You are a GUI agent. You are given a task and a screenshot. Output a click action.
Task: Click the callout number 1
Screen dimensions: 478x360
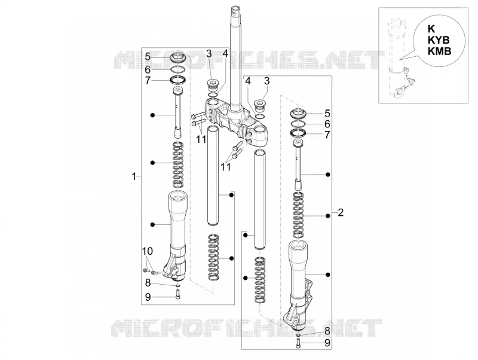tap(133, 176)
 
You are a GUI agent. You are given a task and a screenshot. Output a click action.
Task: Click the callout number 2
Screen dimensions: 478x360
tap(341, 212)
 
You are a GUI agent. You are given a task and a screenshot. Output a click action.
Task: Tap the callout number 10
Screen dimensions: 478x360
tap(147, 251)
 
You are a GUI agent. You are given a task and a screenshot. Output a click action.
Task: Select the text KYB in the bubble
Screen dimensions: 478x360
tap(439, 40)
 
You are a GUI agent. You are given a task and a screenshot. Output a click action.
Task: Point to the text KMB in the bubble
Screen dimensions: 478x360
tap(439, 51)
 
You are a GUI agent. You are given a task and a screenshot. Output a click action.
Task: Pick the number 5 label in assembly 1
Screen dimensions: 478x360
tap(148, 57)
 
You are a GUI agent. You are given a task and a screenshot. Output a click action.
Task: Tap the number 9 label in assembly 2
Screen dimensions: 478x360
tap(327, 343)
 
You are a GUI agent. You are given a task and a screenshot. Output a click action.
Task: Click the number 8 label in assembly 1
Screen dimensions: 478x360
tap(148, 283)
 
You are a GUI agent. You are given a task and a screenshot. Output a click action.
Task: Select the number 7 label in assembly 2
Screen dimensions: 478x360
tap(327, 135)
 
